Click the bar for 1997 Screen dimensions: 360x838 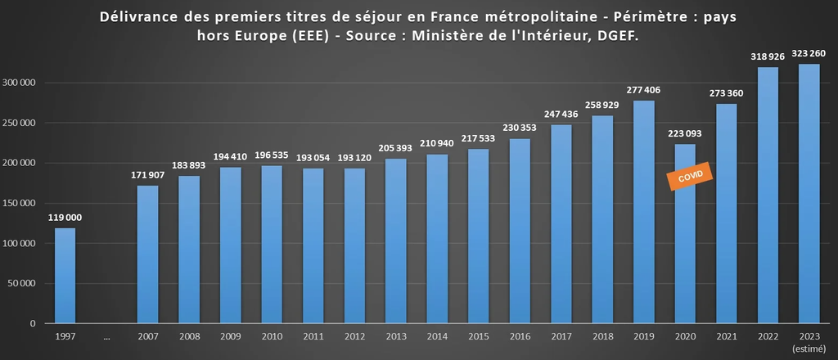coord(65,275)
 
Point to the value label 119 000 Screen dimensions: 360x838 coord(65,218)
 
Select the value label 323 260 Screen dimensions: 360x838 coord(809,54)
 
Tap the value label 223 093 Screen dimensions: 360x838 coord(685,133)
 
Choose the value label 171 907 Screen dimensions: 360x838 coord(148,175)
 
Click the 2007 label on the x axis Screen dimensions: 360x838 coord(148,336)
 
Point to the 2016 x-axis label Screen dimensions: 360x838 coord(520,336)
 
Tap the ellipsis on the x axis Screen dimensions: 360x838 coord(106,336)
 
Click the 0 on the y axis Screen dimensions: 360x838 coord(33,324)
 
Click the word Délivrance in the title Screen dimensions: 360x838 coord(140,17)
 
